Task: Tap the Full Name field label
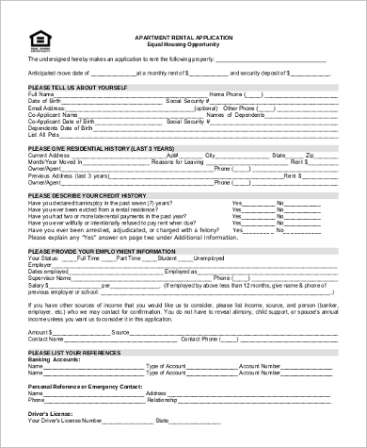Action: pyautogui.click(x=41, y=94)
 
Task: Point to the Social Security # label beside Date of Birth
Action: pyautogui.click(x=187, y=101)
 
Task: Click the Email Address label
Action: pyautogui.click(x=47, y=108)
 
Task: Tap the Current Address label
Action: pyautogui.click(x=49, y=156)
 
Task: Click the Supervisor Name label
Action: pyautogui.click(x=49, y=277)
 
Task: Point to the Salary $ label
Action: pyautogui.click(x=39, y=284)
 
